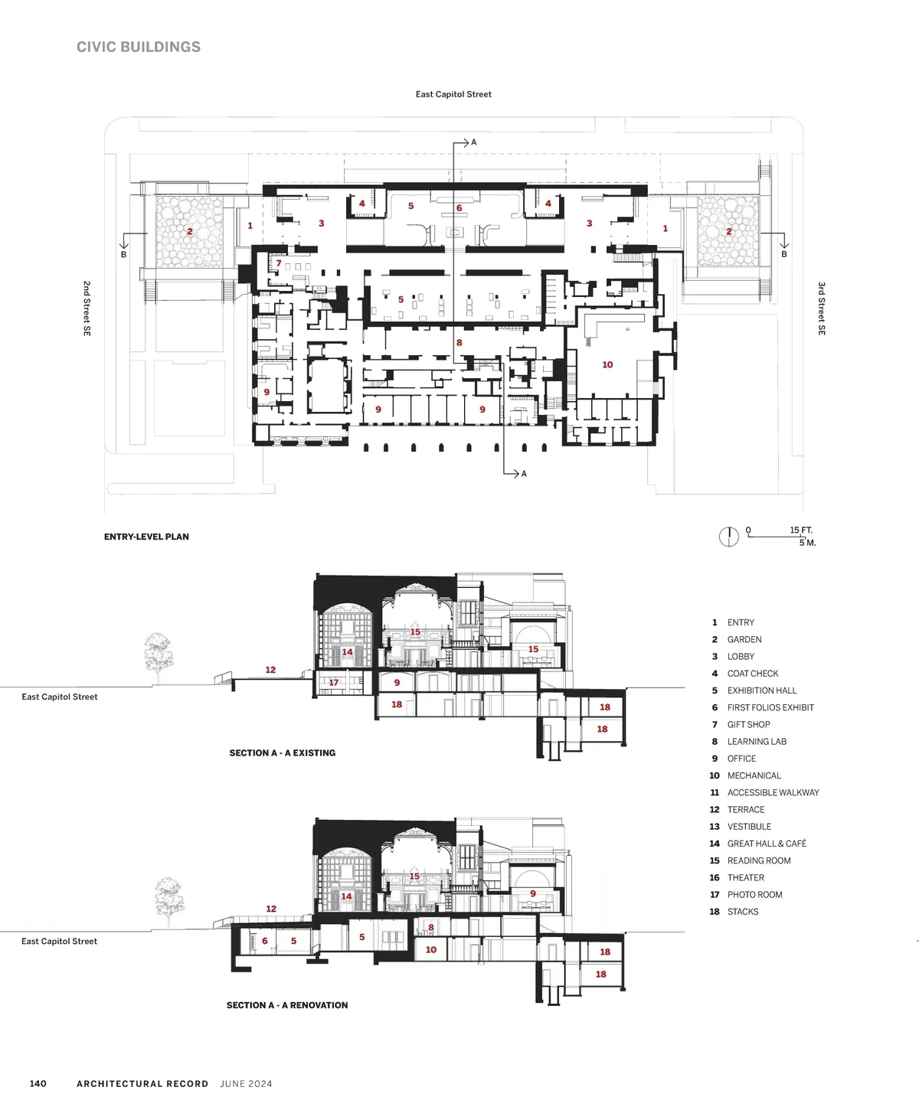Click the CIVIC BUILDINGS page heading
[x=139, y=47]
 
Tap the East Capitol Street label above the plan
[x=453, y=94]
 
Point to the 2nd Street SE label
[x=87, y=309]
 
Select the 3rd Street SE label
[x=822, y=309]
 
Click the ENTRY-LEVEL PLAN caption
[x=146, y=537]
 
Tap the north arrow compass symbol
[x=728, y=537]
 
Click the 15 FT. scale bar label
[x=801, y=530]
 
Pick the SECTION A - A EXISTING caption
[x=283, y=753]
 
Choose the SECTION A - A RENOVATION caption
[x=287, y=1004]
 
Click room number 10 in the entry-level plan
[x=607, y=364]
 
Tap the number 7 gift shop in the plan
[x=279, y=263]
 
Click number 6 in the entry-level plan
[x=459, y=208]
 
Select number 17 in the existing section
[x=333, y=683]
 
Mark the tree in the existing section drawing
[x=158, y=658]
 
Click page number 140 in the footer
[x=38, y=1083]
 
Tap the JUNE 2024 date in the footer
[x=247, y=1083]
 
